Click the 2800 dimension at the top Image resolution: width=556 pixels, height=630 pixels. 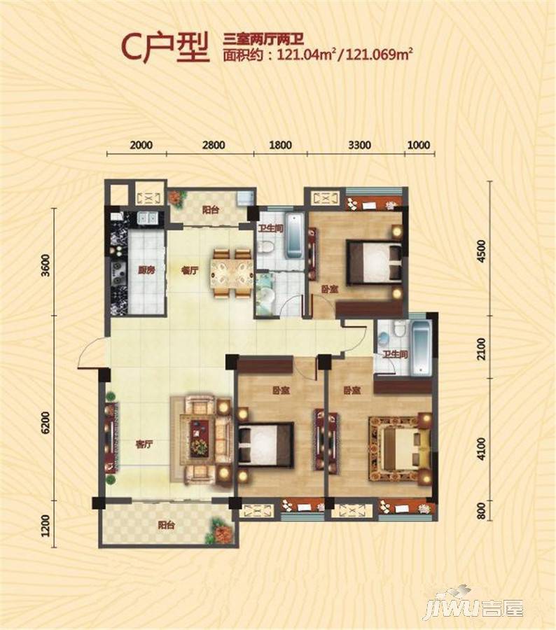tap(214, 145)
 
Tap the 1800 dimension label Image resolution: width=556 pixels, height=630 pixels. tap(280, 145)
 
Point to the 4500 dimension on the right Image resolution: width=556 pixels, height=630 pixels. tap(481, 251)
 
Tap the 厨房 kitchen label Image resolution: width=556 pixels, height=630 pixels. tap(146, 270)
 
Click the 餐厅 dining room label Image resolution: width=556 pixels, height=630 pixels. tap(190, 270)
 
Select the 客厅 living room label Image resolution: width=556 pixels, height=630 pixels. tap(144, 444)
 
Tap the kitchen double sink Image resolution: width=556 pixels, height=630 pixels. tap(148, 218)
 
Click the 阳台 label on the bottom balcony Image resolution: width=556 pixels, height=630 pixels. tap(166, 525)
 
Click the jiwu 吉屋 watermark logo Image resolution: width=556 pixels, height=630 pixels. tap(475, 607)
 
